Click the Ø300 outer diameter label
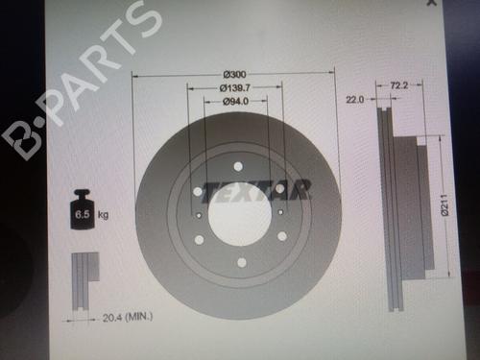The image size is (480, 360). pyautogui.click(x=235, y=75)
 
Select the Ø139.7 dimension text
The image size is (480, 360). pyautogui.click(x=235, y=87)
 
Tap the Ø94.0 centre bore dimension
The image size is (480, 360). pyautogui.click(x=235, y=101)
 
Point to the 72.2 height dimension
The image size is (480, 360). pyautogui.click(x=399, y=85)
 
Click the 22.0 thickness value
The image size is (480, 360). pyautogui.click(x=355, y=100)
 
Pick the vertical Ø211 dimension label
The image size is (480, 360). pyautogui.click(x=444, y=204)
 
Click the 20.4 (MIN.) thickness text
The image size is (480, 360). pyautogui.click(x=128, y=317)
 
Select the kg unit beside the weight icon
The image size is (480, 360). pyautogui.click(x=103, y=215)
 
